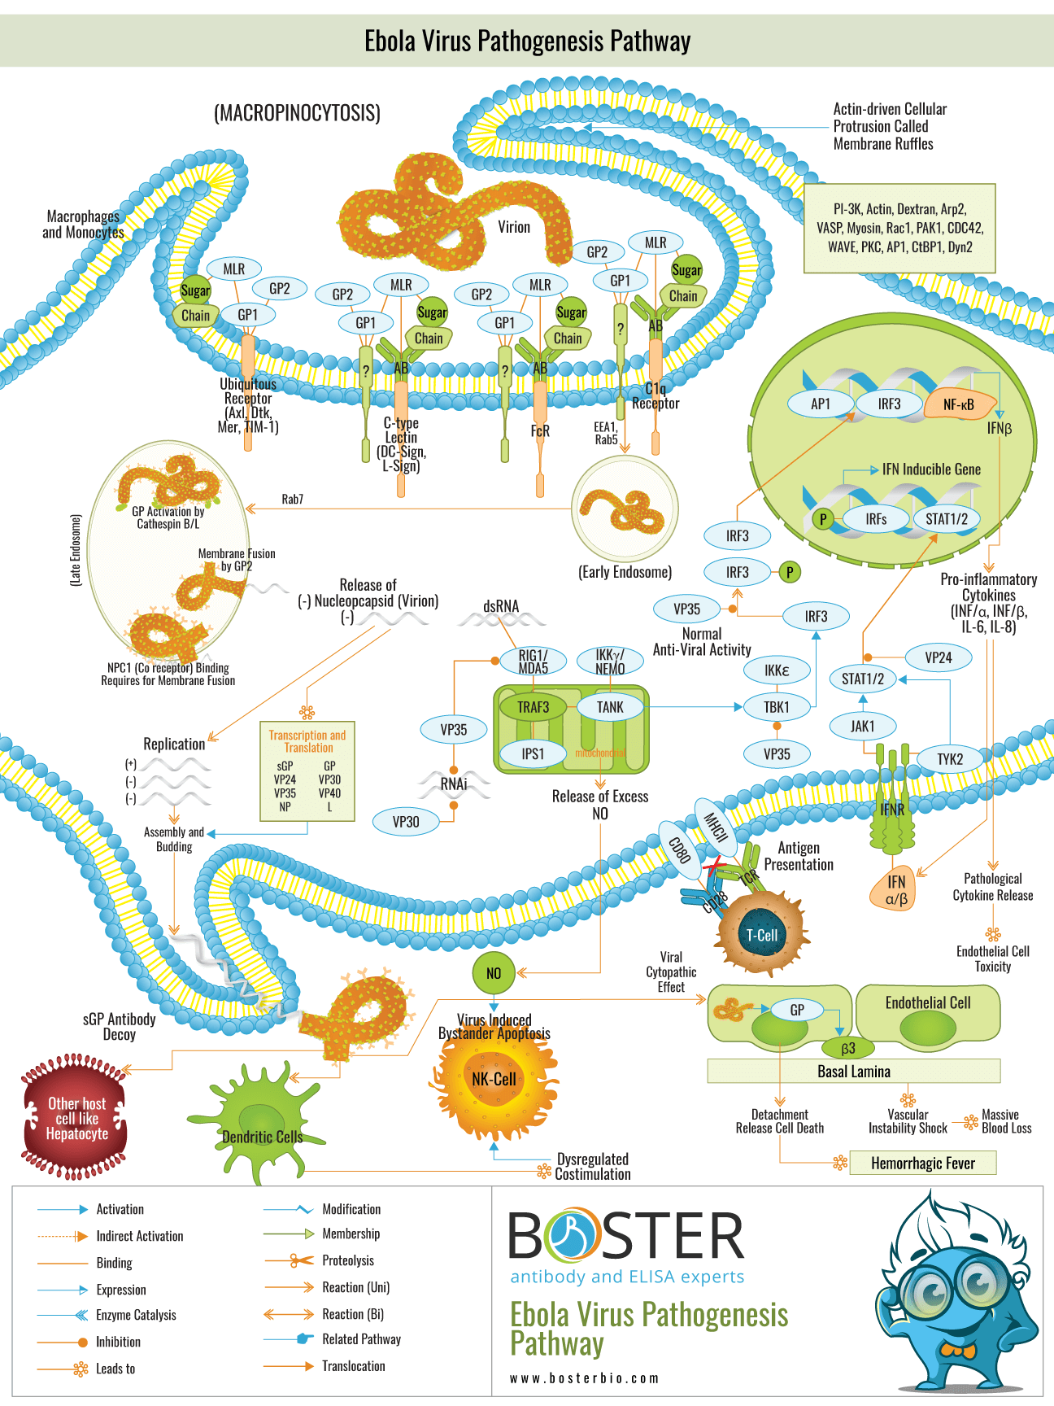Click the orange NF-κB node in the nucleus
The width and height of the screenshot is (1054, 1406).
pos(959,404)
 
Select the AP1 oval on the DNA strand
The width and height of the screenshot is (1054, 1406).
pos(821,404)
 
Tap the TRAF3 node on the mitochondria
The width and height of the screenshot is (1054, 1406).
pos(533,707)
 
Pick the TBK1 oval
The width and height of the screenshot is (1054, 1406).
pos(777,707)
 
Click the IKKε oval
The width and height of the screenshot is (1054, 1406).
pos(777,670)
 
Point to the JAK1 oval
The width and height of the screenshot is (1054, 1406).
pos(863,726)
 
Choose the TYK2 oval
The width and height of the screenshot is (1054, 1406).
pos(949,759)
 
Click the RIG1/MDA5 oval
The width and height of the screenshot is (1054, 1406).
pos(534,662)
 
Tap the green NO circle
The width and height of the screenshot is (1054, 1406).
pos(494,973)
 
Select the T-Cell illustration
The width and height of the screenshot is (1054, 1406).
pos(762,935)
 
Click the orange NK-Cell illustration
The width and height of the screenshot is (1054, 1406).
pos(494,1079)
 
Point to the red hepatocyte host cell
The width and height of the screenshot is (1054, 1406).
pos(76,1118)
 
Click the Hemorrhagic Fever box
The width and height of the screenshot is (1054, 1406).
pos(923,1164)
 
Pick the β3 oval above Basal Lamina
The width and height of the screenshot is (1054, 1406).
pos(848,1048)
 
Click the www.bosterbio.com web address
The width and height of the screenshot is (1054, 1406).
pos(584,1378)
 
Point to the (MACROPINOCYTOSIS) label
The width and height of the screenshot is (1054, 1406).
pos(297,113)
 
